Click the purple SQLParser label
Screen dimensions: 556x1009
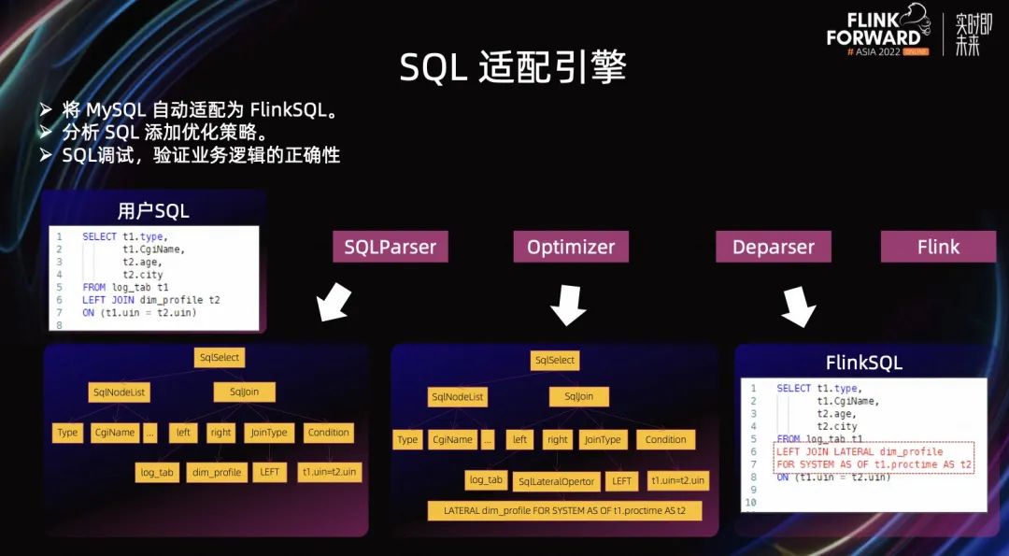(x=391, y=248)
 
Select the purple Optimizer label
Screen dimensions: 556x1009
(x=571, y=248)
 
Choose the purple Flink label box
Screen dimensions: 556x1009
(x=938, y=248)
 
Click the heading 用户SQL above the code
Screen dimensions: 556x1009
(x=153, y=210)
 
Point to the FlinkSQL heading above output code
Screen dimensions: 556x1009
(x=863, y=363)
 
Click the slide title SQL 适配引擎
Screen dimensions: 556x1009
(x=513, y=67)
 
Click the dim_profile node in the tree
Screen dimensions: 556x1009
(x=217, y=472)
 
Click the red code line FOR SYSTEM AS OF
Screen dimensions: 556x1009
(x=874, y=464)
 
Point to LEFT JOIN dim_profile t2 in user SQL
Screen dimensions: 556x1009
(x=151, y=300)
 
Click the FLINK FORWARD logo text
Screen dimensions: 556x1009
(x=873, y=28)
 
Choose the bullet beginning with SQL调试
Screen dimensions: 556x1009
(x=200, y=155)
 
